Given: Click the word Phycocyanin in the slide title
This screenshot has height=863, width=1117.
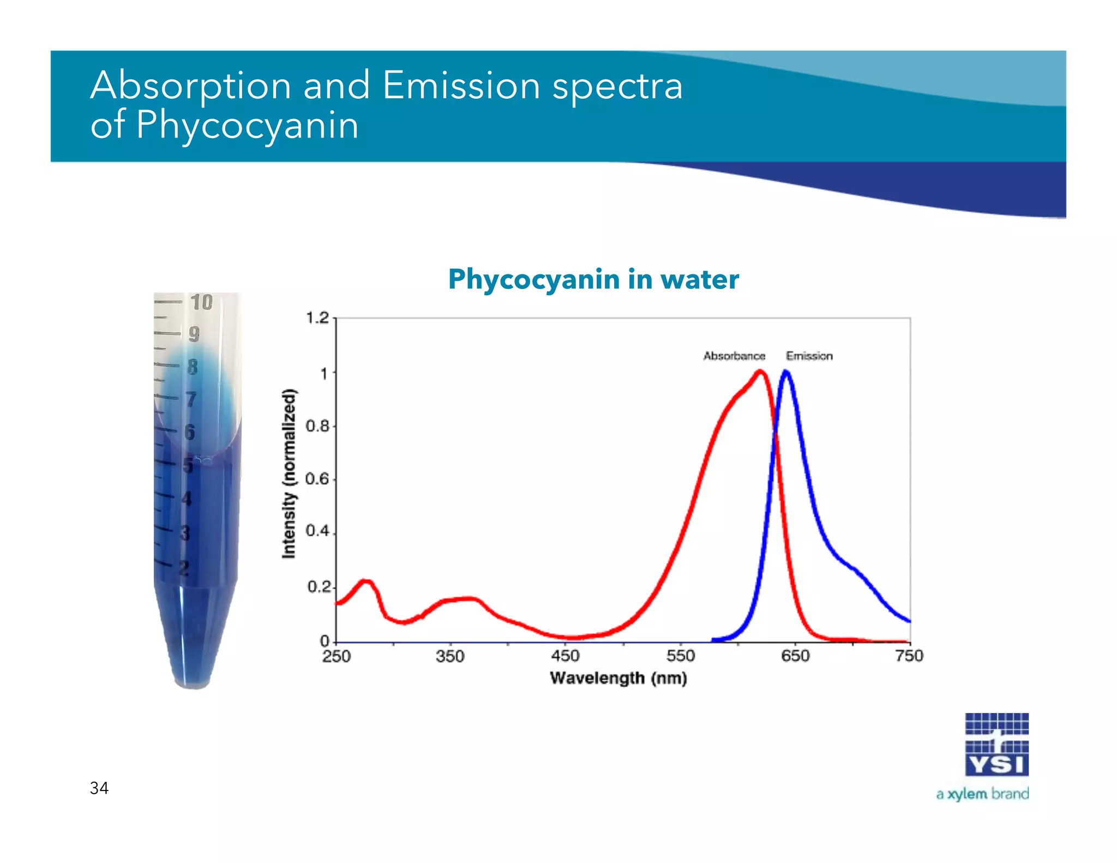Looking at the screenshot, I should (247, 125).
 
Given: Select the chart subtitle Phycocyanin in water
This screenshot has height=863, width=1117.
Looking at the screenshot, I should (593, 279).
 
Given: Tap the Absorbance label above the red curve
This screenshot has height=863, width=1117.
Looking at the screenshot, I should (734, 356).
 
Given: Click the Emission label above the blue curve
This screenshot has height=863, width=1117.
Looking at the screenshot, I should (809, 356).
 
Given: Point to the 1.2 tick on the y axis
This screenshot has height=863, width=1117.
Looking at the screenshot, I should (317, 317).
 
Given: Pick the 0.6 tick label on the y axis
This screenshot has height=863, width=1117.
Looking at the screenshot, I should (317, 479).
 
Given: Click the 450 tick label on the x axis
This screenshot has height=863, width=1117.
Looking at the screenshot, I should (565, 656).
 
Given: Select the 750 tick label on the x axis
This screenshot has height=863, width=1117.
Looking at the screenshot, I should (909, 656).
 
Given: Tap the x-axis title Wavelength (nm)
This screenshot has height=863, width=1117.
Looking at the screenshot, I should (618, 678).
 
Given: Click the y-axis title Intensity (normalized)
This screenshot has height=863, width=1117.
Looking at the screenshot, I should (289, 474).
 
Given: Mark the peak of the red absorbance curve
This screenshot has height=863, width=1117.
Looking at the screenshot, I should (760, 372).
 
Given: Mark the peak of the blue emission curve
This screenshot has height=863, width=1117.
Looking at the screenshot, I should (786, 372).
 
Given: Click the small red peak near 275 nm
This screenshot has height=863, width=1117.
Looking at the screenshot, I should (367, 582).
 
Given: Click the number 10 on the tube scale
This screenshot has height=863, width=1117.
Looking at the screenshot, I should (201, 302).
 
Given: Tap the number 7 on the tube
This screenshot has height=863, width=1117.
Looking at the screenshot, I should (191, 399).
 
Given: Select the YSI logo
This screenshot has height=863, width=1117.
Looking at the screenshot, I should (996, 745).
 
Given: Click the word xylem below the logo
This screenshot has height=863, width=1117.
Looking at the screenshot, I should (967, 794).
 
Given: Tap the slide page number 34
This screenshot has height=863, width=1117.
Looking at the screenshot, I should (99, 788).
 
